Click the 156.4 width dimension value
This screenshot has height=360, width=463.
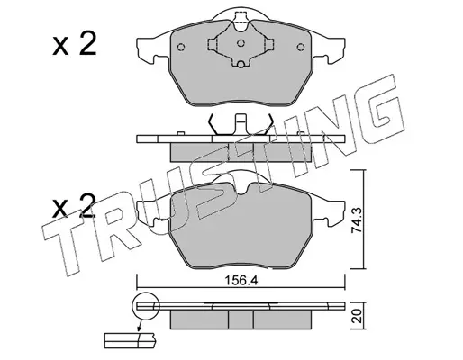point(241,281)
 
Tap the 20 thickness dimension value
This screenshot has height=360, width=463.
point(358,317)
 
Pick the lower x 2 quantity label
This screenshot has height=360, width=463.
point(75,206)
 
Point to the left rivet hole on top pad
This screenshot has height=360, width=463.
point(181,47)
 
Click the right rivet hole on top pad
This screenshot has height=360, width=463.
point(300,47)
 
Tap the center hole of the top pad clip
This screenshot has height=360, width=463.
point(241,43)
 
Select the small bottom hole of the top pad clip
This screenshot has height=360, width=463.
point(241,64)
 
